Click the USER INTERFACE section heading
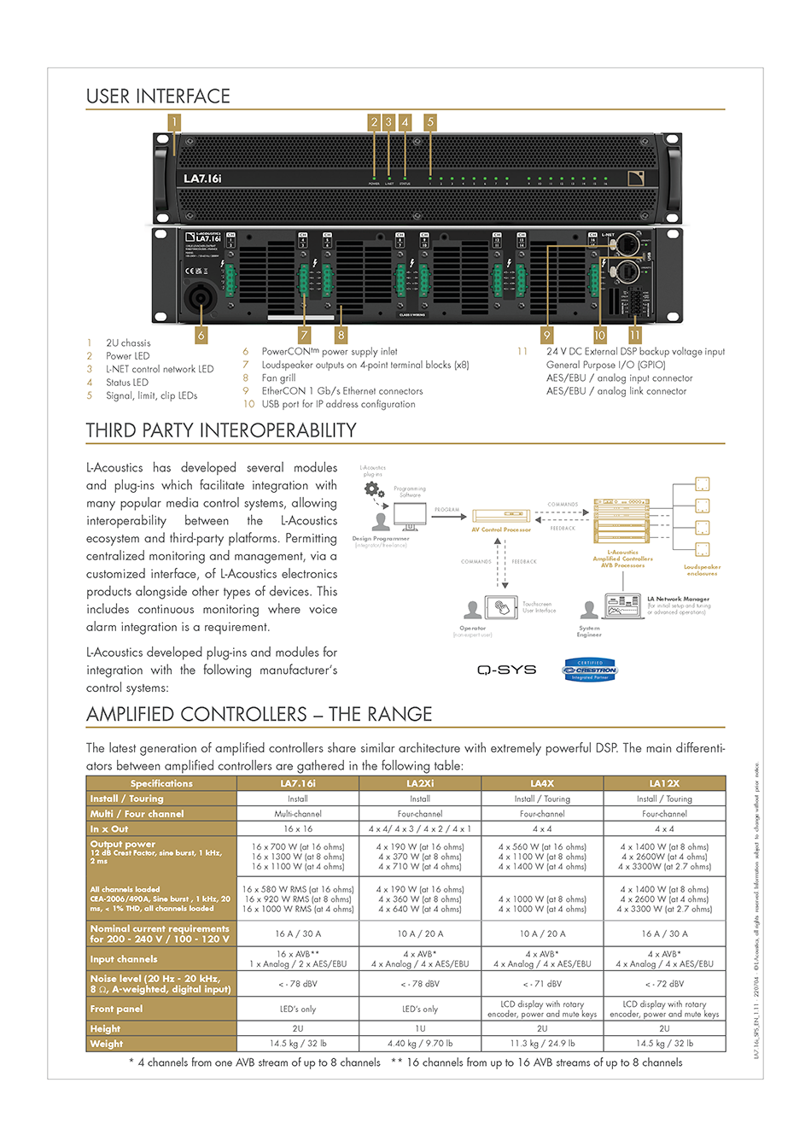(158, 97)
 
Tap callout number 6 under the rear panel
(201, 335)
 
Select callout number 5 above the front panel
(430, 122)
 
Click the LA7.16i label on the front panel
(202, 178)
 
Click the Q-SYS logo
(506, 670)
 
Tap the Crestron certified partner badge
(590, 670)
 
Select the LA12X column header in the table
(664, 783)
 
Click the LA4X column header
(542, 783)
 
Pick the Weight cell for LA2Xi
(420, 1043)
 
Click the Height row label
(106, 1028)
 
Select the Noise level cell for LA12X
(664, 984)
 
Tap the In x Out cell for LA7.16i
(298, 828)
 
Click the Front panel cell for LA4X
(542, 1009)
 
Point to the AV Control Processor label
(501, 530)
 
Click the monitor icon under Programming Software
(410, 515)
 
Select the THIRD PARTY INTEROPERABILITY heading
(221, 430)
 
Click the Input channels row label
(125, 959)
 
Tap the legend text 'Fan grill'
(279, 377)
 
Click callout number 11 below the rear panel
(634, 335)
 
